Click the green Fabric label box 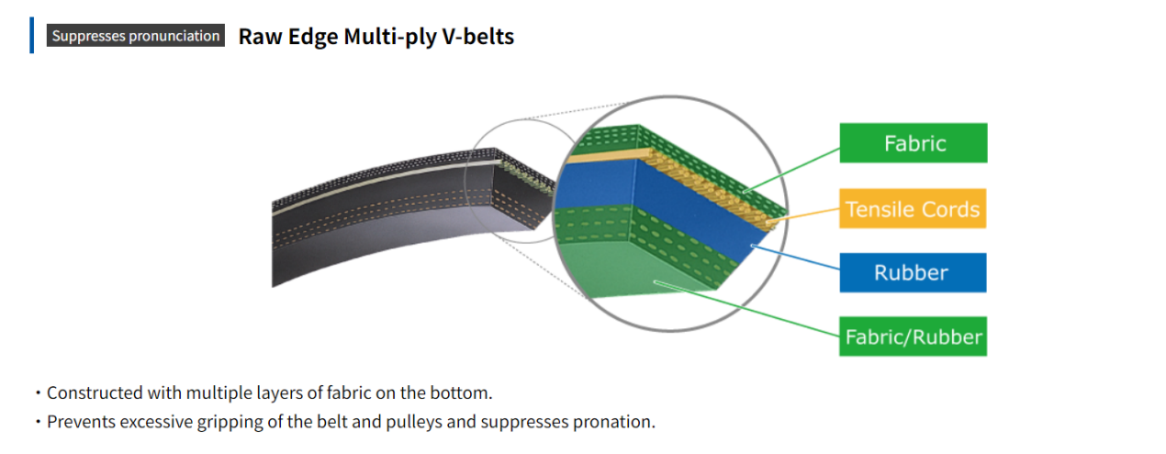coord(914,143)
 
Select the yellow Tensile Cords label coord(913,209)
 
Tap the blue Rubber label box coord(913,272)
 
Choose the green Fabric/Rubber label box coord(913,337)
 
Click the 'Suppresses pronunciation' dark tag coord(136,36)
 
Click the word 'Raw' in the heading coord(257,37)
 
